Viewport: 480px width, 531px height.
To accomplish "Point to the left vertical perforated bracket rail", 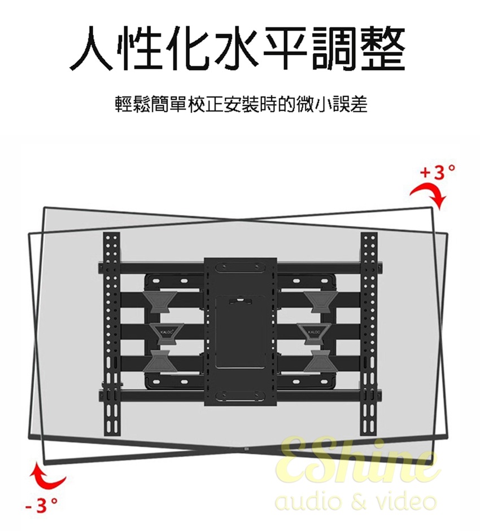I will point(111,333).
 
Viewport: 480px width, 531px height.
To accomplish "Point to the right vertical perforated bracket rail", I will point(369,333).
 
